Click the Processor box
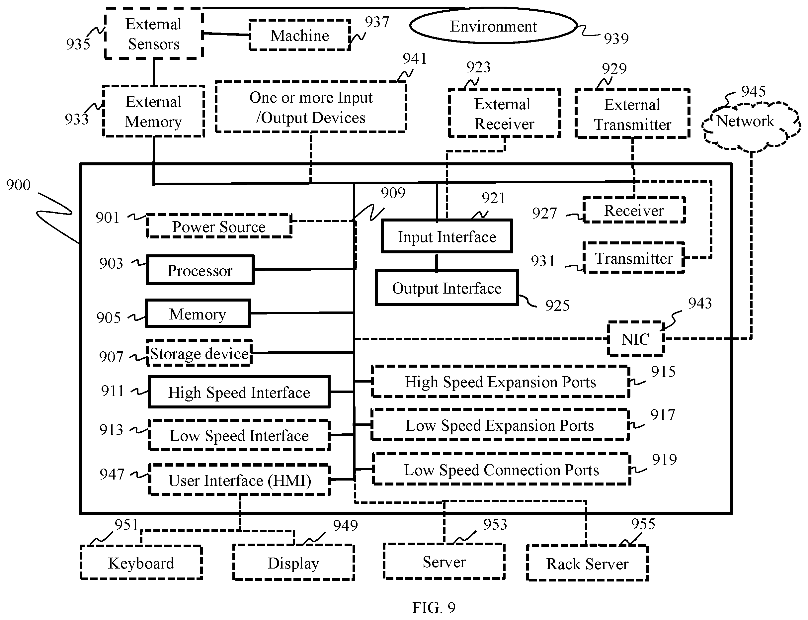pos(200,270)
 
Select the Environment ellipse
pos(493,26)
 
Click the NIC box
pos(636,339)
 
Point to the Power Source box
pos(219,226)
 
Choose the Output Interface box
pos(447,288)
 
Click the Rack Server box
pos(587,563)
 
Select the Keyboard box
pos(141,563)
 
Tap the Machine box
pos(299,35)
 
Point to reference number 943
pos(700,303)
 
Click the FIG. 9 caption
pos(434,607)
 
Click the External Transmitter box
pos(632,114)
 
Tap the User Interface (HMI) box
pos(240,480)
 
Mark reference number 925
pos(557,306)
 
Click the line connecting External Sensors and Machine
pos(226,34)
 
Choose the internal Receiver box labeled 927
pos(634,210)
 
